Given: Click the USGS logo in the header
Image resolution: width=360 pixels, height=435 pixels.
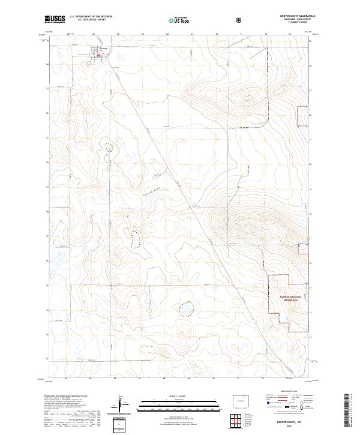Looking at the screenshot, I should point(55,20).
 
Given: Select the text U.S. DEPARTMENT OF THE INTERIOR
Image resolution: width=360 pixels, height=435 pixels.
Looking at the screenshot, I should point(91,17).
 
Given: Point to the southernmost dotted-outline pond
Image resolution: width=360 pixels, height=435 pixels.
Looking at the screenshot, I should point(186,308).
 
